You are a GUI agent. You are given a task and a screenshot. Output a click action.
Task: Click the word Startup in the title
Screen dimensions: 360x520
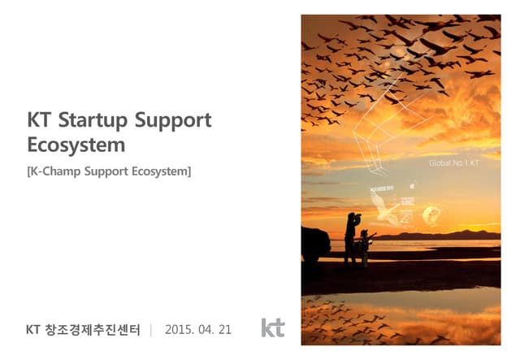(97, 121)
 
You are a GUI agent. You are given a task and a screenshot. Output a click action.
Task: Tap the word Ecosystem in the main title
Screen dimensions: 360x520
(76, 146)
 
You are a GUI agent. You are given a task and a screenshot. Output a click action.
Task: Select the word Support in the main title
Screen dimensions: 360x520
(172, 121)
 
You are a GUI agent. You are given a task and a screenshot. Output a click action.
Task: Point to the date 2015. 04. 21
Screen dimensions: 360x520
(198, 330)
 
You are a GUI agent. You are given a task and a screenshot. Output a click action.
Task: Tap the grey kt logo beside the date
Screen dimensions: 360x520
(273, 327)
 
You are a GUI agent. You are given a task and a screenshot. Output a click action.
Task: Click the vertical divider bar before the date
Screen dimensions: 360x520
(152, 330)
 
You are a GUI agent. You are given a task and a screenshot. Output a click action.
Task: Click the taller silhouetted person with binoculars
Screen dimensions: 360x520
(350, 238)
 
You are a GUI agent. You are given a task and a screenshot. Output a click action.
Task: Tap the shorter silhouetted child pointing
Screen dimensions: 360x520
(366, 246)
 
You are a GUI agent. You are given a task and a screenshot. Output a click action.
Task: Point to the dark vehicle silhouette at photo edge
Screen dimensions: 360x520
(314, 245)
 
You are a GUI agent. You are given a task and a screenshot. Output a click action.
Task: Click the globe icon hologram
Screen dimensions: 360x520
(431, 215)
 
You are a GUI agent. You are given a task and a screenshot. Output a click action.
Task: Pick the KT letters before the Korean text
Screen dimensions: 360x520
(33, 330)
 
